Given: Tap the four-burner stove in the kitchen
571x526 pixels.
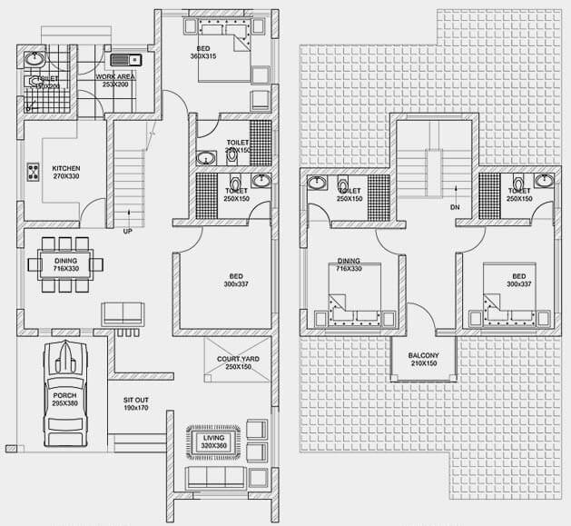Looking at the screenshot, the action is click(34, 170).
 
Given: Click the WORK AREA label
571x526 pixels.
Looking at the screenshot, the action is click(115, 79).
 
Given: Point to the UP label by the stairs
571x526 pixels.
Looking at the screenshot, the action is click(127, 232).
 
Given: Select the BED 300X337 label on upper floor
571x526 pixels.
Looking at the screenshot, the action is click(518, 280).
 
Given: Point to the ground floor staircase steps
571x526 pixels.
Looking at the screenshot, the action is click(128, 182).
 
